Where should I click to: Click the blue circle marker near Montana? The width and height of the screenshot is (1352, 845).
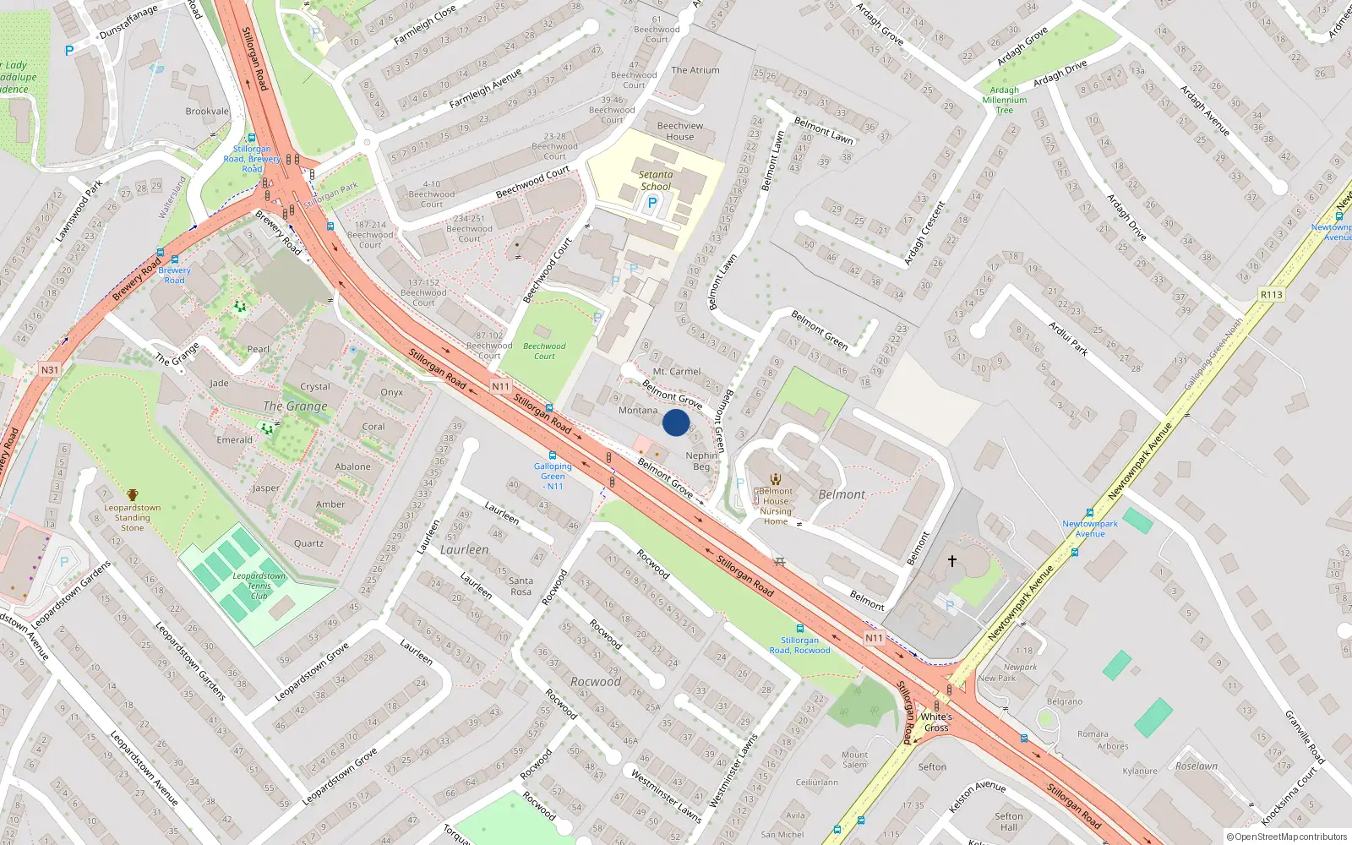click(676, 422)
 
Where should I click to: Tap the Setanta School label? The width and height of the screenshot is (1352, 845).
click(656, 181)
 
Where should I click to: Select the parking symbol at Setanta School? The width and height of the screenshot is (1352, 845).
click(651, 203)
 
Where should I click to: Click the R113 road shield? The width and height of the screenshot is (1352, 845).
click(1271, 295)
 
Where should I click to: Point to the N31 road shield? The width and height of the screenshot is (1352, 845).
click(50, 369)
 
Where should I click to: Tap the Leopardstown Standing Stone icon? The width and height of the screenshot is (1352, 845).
click(133, 494)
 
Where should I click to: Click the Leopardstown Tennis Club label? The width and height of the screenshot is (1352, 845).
click(259, 586)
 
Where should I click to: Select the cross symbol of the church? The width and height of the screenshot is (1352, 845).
click(952, 560)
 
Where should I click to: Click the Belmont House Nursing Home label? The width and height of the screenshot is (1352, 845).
click(776, 506)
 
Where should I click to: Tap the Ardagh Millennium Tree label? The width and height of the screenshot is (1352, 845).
click(1005, 100)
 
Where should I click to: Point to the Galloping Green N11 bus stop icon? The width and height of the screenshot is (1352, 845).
click(553, 455)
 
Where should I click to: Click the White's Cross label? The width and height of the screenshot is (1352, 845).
click(936, 722)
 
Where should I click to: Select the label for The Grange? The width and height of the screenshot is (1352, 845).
click(295, 406)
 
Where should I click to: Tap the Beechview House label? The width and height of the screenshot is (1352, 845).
click(680, 131)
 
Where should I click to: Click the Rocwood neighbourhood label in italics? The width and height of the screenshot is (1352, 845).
click(596, 682)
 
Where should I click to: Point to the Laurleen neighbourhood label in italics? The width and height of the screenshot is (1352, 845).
click(464, 550)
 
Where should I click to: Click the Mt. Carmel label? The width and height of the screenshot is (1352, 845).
click(677, 372)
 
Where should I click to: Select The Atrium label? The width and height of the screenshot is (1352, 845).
click(695, 70)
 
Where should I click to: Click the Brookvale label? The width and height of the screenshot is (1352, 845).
click(207, 112)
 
